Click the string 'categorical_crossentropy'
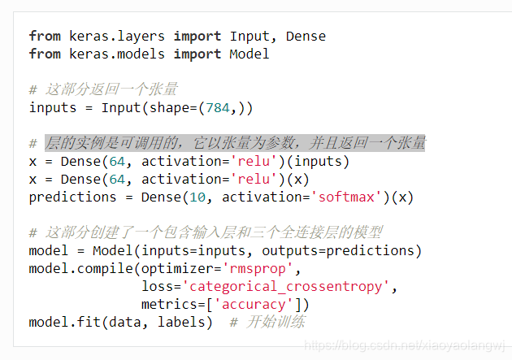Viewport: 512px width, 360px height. [x=285, y=286]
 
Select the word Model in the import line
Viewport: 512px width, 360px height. [x=249, y=54]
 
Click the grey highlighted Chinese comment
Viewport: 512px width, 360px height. [x=235, y=143]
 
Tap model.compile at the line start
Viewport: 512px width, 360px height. [x=77, y=268]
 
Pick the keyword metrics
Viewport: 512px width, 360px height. [x=169, y=304]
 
